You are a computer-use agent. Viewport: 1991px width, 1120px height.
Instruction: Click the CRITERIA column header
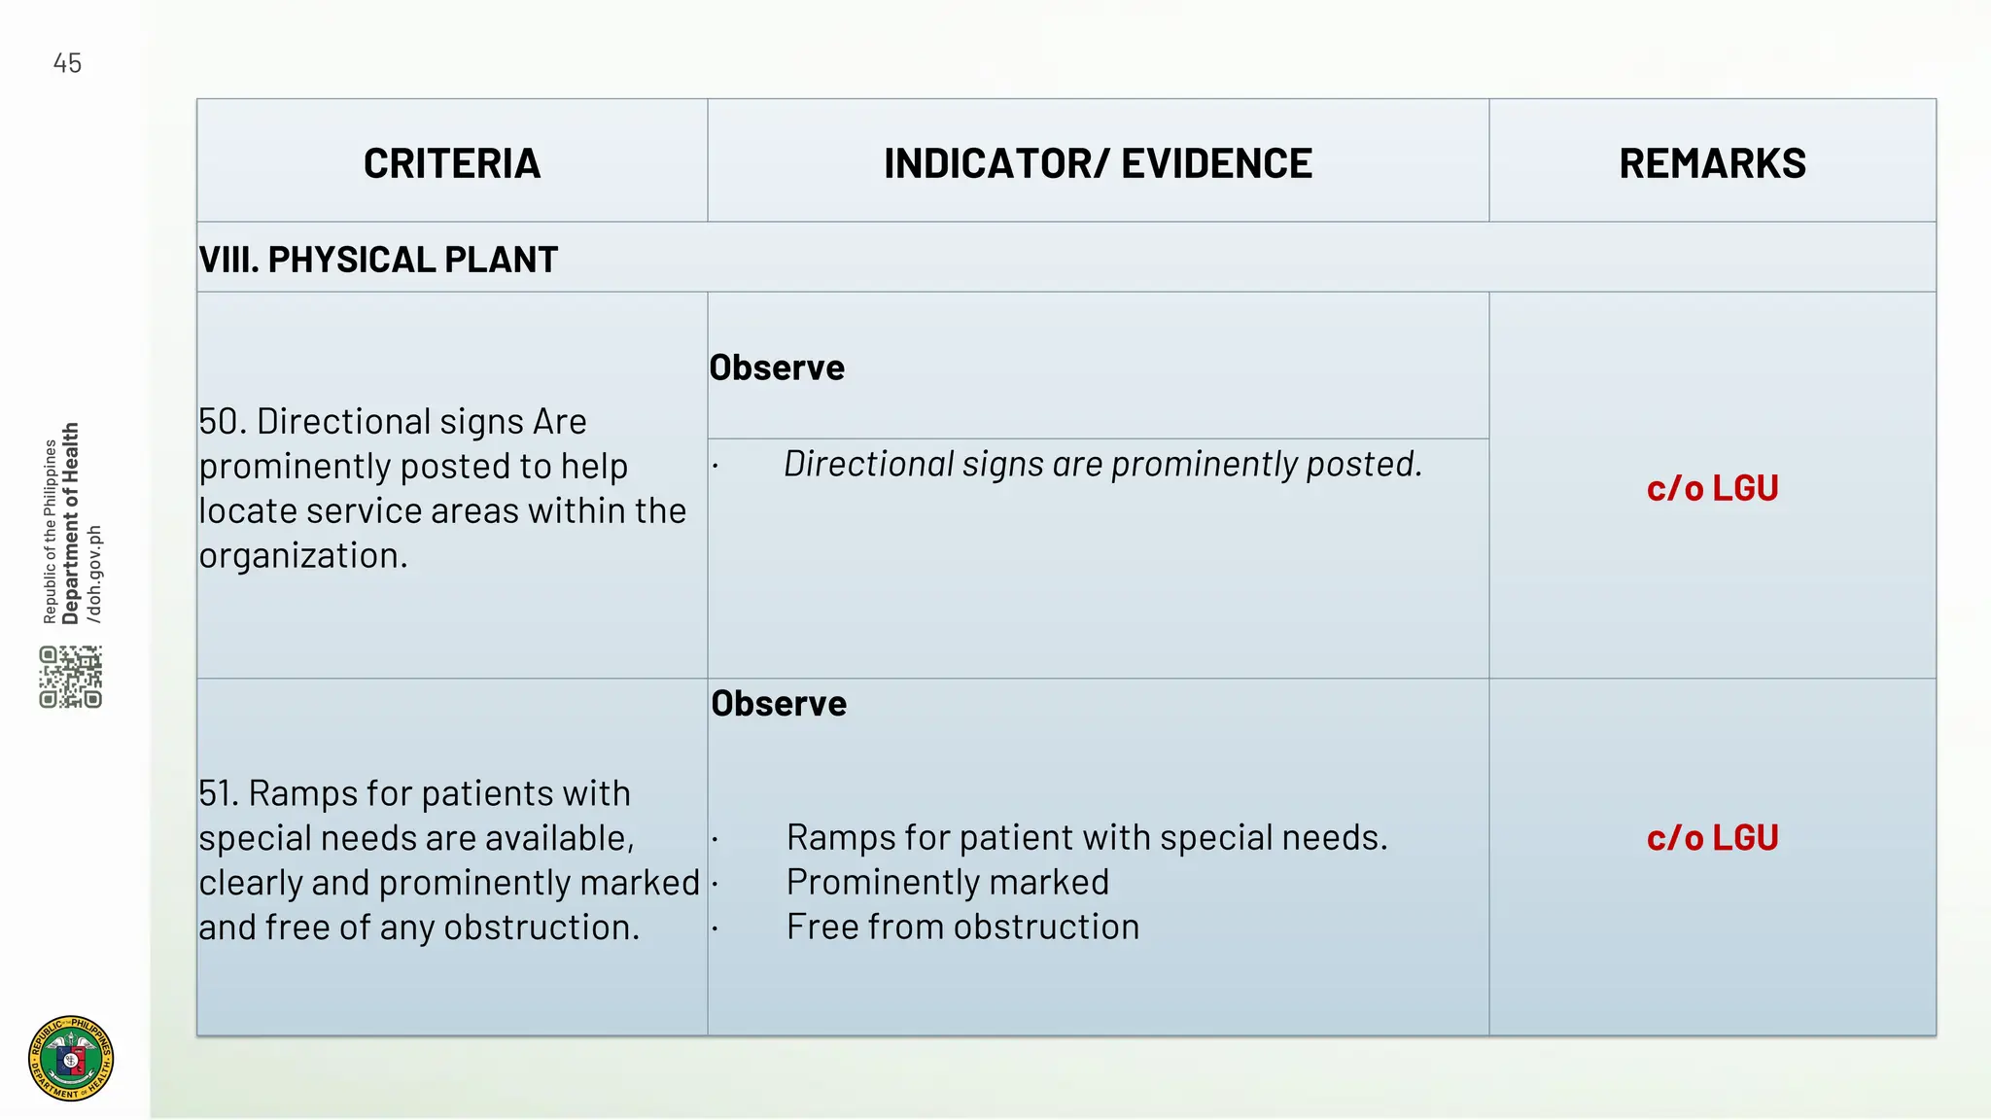point(452,163)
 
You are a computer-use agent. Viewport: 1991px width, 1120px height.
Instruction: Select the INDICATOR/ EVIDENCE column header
point(1098,163)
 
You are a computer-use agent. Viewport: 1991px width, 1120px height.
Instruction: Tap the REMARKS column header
point(1712,163)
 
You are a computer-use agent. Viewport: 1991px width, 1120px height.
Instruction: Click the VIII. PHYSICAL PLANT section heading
point(378,260)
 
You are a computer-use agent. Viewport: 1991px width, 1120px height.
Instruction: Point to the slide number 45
point(67,64)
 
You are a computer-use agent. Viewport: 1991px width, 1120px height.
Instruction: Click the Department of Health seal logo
point(71,1058)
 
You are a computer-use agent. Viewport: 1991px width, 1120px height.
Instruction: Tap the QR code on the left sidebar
point(71,677)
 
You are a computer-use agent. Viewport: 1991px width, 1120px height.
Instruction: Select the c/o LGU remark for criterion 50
point(1712,488)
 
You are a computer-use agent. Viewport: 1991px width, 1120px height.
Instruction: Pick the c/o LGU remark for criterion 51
point(1712,838)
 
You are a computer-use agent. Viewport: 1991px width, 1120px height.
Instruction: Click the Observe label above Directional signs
point(777,367)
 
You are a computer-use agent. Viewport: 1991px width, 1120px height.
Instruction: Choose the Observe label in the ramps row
point(779,704)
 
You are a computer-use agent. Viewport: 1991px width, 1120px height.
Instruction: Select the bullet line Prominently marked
point(947,883)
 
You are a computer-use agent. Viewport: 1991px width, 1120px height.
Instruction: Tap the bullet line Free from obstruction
point(962,927)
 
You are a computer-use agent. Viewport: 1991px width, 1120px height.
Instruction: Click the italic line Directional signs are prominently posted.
point(1102,465)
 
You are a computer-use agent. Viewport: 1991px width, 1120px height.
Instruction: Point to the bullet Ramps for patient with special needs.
point(1087,838)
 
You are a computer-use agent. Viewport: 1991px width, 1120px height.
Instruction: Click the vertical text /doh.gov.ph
point(94,574)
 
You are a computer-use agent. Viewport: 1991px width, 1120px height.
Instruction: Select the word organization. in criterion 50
point(303,556)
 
